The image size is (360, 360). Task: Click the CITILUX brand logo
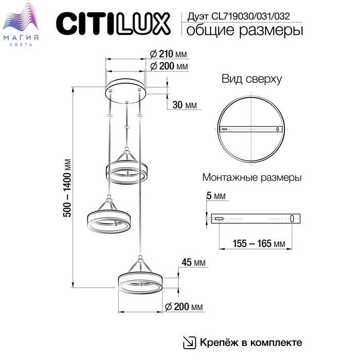pyautogui.click(x=113, y=24)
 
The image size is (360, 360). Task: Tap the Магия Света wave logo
pyautogui.click(x=21, y=25)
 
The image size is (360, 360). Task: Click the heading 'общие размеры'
pyautogui.click(x=245, y=30)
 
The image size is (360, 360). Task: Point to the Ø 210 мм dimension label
pyautogui.click(x=168, y=54)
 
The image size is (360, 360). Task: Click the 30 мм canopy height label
pyautogui.click(x=185, y=105)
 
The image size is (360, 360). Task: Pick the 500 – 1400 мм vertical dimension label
pyautogui.click(x=67, y=188)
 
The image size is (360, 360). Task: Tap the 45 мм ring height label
pyautogui.click(x=193, y=262)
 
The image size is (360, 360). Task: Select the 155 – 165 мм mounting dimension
pyautogui.click(x=259, y=244)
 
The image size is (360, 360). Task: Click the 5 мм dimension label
pyautogui.click(x=216, y=196)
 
